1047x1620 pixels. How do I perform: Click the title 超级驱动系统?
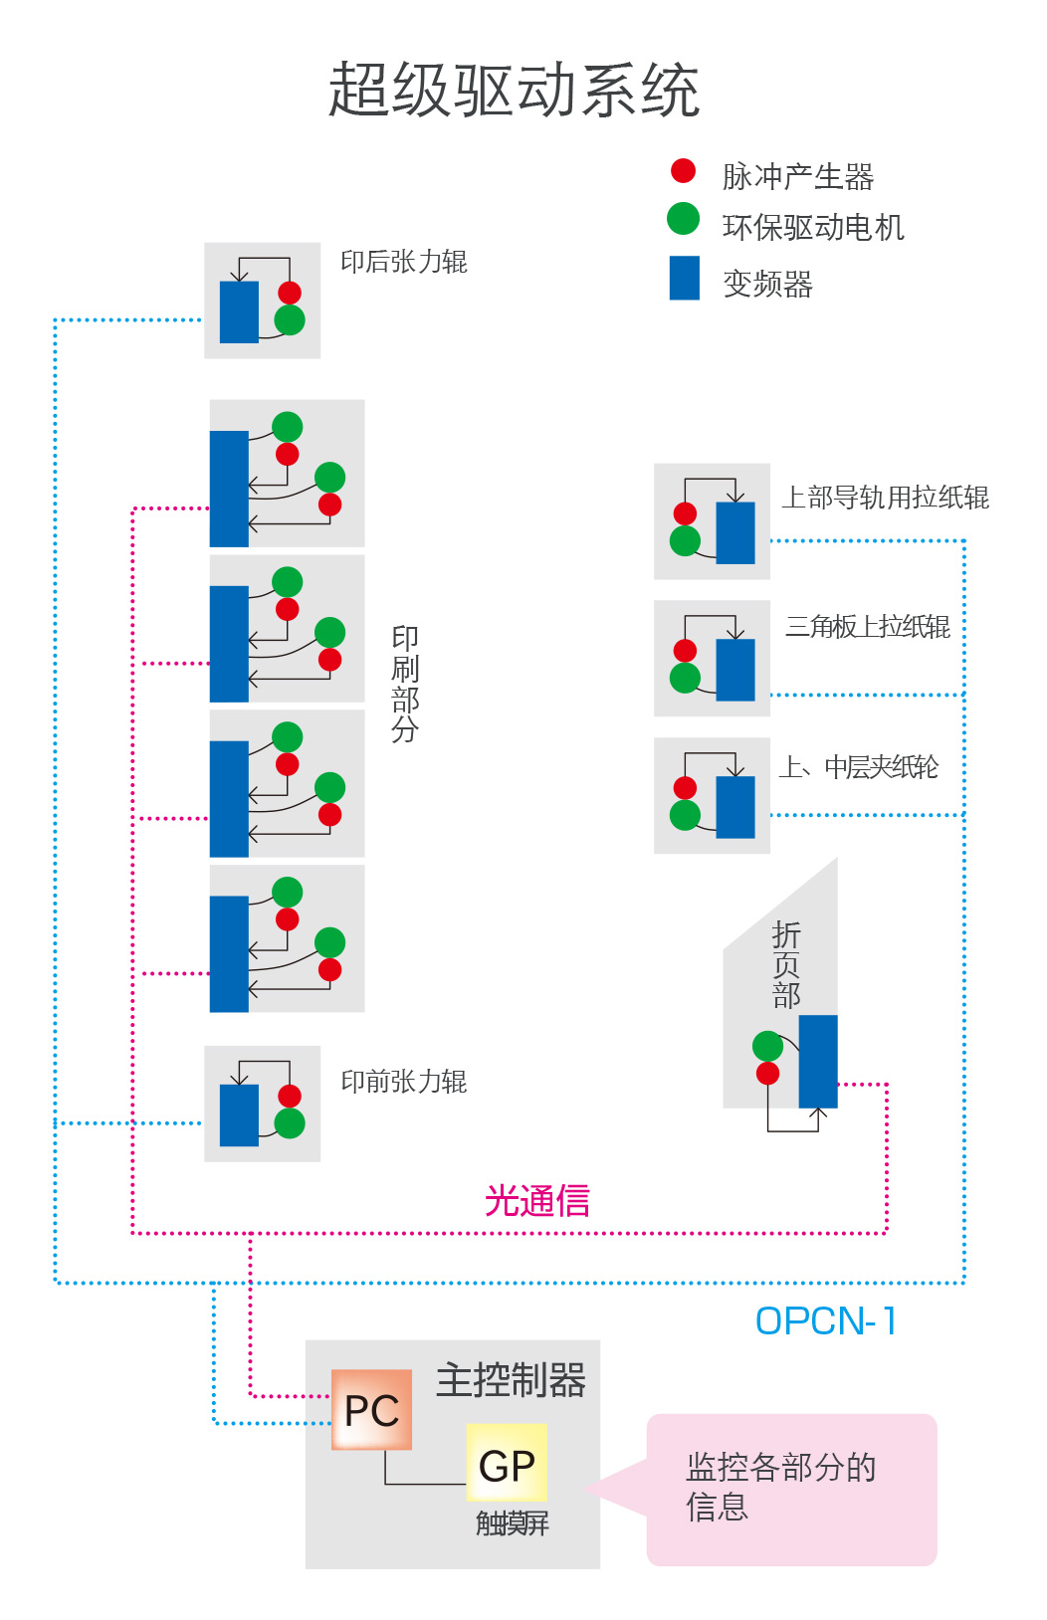(x=514, y=91)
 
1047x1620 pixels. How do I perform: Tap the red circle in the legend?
(x=683, y=171)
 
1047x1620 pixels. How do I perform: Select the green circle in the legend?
(x=683, y=219)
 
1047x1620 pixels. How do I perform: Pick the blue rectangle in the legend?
(x=684, y=279)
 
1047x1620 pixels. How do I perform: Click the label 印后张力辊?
(x=403, y=262)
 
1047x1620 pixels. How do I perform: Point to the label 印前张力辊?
(x=403, y=1082)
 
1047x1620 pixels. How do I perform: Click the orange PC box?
(x=371, y=1410)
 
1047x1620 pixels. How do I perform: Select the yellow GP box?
(x=507, y=1464)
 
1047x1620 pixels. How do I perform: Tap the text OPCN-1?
(x=826, y=1321)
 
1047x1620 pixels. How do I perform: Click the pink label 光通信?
(x=536, y=1201)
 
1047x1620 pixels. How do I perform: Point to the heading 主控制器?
(x=511, y=1380)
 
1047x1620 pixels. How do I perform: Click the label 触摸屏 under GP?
(x=512, y=1523)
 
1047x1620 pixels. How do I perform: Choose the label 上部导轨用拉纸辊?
(x=885, y=498)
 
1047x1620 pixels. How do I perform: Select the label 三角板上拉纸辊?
(x=867, y=627)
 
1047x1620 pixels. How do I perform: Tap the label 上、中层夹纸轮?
(x=858, y=767)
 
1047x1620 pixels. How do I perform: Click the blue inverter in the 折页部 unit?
(x=818, y=1061)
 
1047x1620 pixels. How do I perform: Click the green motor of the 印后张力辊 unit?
(x=290, y=320)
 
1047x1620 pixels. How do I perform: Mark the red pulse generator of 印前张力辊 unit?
(x=290, y=1096)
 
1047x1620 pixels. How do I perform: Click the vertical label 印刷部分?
(x=404, y=684)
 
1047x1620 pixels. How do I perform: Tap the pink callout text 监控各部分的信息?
(x=780, y=1487)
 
